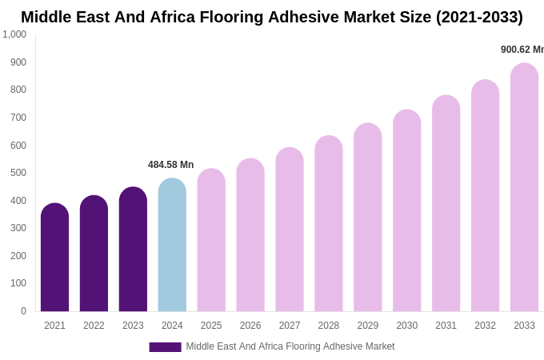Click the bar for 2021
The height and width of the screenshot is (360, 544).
coord(54,258)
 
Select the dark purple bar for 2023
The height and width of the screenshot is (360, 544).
coord(133,250)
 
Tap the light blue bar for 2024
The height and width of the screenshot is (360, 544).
coord(172,245)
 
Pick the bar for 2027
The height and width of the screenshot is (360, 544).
coord(290,230)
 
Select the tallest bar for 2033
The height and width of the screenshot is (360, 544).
coord(524,187)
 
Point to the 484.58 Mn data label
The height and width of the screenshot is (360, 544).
coord(170,165)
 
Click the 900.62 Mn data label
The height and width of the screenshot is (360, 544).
coord(522,50)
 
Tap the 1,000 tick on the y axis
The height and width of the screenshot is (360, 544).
coord(14,34)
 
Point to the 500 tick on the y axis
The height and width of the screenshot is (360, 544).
coord(18,173)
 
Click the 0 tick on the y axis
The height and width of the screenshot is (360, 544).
coord(23,311)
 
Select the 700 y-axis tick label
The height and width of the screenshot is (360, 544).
coord(18,118)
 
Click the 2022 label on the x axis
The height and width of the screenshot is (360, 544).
coord(94,326)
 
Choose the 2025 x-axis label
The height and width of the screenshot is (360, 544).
coord(211,326)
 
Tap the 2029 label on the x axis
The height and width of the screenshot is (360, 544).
coord(368,326)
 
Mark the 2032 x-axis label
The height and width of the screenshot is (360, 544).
coord(485,326)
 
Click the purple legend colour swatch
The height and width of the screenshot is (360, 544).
coord(165,347)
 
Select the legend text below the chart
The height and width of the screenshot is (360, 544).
coord(290,346)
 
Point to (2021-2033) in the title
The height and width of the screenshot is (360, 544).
coord(479,17)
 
